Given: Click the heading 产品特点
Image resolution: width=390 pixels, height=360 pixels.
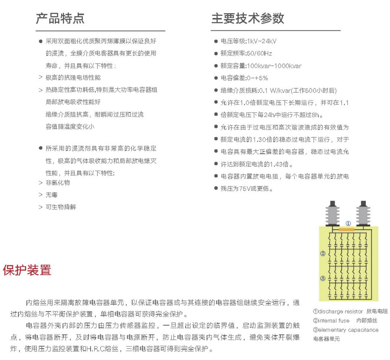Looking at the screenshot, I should (x=60, y=18).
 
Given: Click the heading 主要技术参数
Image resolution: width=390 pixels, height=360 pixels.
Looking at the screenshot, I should (x=248, y=18).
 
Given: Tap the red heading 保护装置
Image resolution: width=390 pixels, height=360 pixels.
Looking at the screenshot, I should (x=27, y=270).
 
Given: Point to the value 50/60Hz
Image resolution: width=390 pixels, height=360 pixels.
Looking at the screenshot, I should (x=259, y=53).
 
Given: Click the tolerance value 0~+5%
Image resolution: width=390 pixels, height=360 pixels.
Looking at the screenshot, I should (x=257, y=78).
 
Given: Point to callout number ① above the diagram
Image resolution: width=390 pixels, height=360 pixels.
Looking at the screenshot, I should (x=348, y=223).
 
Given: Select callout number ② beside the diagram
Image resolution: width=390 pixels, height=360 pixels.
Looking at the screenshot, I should (x=323, y=253).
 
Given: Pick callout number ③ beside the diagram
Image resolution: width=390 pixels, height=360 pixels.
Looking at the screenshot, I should (x=323, y=278).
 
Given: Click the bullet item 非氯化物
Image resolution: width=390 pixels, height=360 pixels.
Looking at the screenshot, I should (x=58, y=183).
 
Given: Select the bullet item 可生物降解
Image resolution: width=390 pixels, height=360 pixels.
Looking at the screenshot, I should (x=61, y=207).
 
